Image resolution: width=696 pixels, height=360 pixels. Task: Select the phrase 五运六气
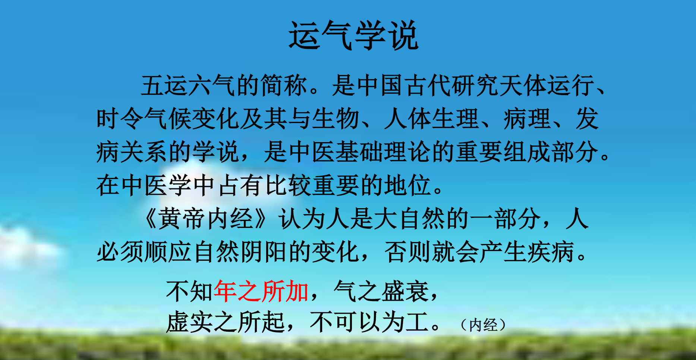point(188,85)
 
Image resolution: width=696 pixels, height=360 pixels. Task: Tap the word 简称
point(284,85)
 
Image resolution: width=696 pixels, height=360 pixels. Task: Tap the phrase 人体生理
point(431,119)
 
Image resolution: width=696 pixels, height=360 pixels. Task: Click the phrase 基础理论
point(383,152)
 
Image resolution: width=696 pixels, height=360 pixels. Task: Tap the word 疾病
point(551,252)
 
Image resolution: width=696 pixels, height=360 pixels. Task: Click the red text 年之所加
point(261,291)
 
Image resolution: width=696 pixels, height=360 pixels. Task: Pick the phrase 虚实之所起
point(225,322)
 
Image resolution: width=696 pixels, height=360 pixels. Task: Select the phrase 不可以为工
point(369,322)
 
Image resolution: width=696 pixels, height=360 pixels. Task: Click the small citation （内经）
point(483,325)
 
